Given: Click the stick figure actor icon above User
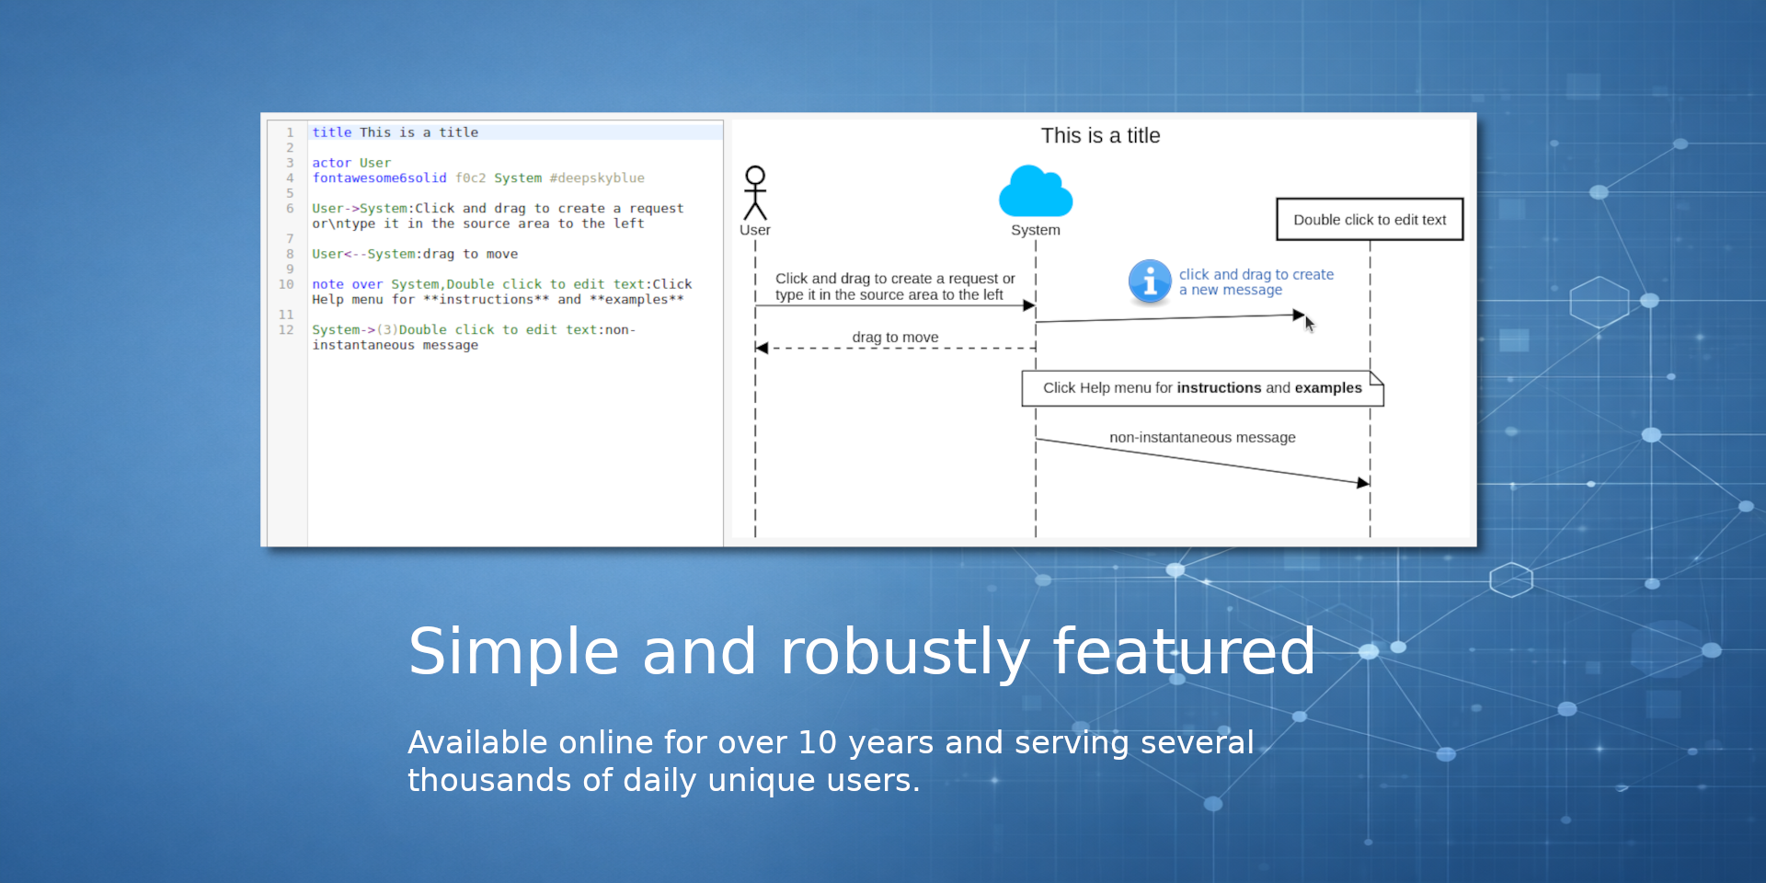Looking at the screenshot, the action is click(755, 192).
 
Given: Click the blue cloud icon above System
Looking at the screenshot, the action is click(1036, 191).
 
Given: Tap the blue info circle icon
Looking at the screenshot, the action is click(1150, 281).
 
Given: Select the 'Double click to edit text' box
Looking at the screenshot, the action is click(1370, 220).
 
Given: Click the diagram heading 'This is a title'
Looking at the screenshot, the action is click(1100, 136).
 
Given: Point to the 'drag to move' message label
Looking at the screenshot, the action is click(895, 338).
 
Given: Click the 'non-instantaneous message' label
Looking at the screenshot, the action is click(1202, 438).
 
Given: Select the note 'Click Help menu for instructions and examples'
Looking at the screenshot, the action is click(1202, 388).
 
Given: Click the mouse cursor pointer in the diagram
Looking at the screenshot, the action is click(1310, 324).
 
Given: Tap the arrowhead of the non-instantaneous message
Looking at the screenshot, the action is click(1364, 482).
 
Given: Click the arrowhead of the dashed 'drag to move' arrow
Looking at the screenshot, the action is click(762, 348).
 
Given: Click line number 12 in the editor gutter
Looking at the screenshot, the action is click(286, 330).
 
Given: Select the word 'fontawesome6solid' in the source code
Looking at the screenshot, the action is click(379, 178).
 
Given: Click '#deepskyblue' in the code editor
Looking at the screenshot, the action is click(597, 178).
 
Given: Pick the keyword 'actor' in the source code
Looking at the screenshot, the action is click(331, 163).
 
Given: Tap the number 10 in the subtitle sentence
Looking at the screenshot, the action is click(817, 742).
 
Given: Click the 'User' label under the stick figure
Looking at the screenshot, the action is click(755, 230).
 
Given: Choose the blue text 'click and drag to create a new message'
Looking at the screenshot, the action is click(1256, 282).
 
